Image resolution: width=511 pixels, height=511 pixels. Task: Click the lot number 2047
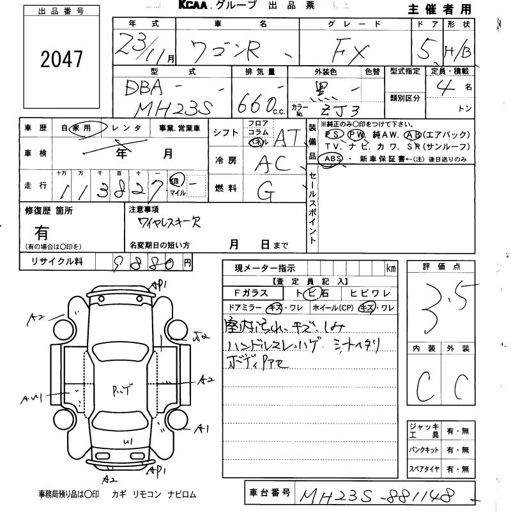point(62,59)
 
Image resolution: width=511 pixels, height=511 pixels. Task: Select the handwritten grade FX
point(355,49)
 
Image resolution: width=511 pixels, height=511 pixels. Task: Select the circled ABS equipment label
point(333,158)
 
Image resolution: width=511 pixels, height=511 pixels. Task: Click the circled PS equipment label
point(333,135)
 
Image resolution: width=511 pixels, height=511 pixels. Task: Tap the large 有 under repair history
point(42,231)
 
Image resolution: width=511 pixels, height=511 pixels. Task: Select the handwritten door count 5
point(435,46)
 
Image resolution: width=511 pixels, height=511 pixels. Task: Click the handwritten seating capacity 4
point(445,85)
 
